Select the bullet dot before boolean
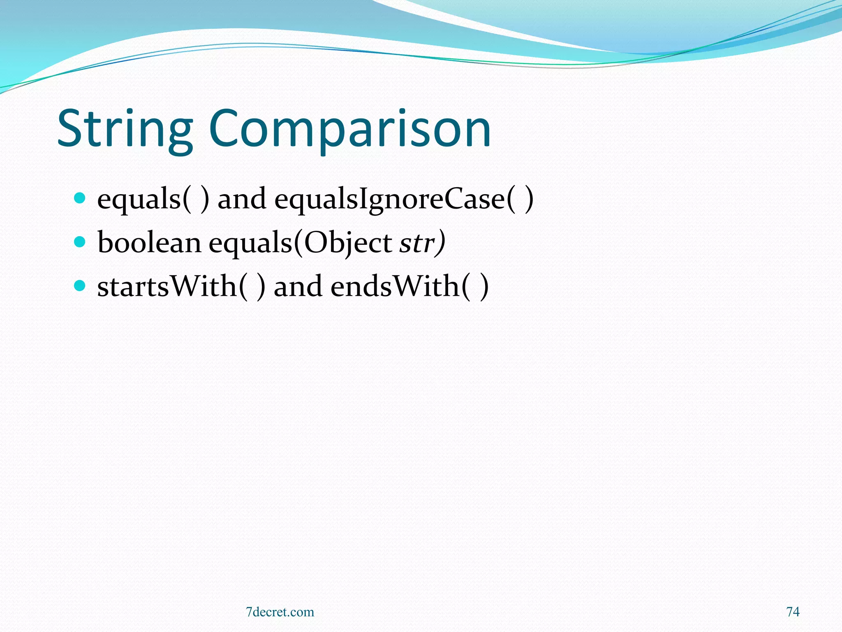coord(79,241)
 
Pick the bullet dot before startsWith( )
coord(79,285)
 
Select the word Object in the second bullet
coord(348,243)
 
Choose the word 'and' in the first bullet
coord(242,199)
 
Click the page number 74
coord(793,612)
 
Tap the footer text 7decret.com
coord(280,612)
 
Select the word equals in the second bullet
coord(250,243)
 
